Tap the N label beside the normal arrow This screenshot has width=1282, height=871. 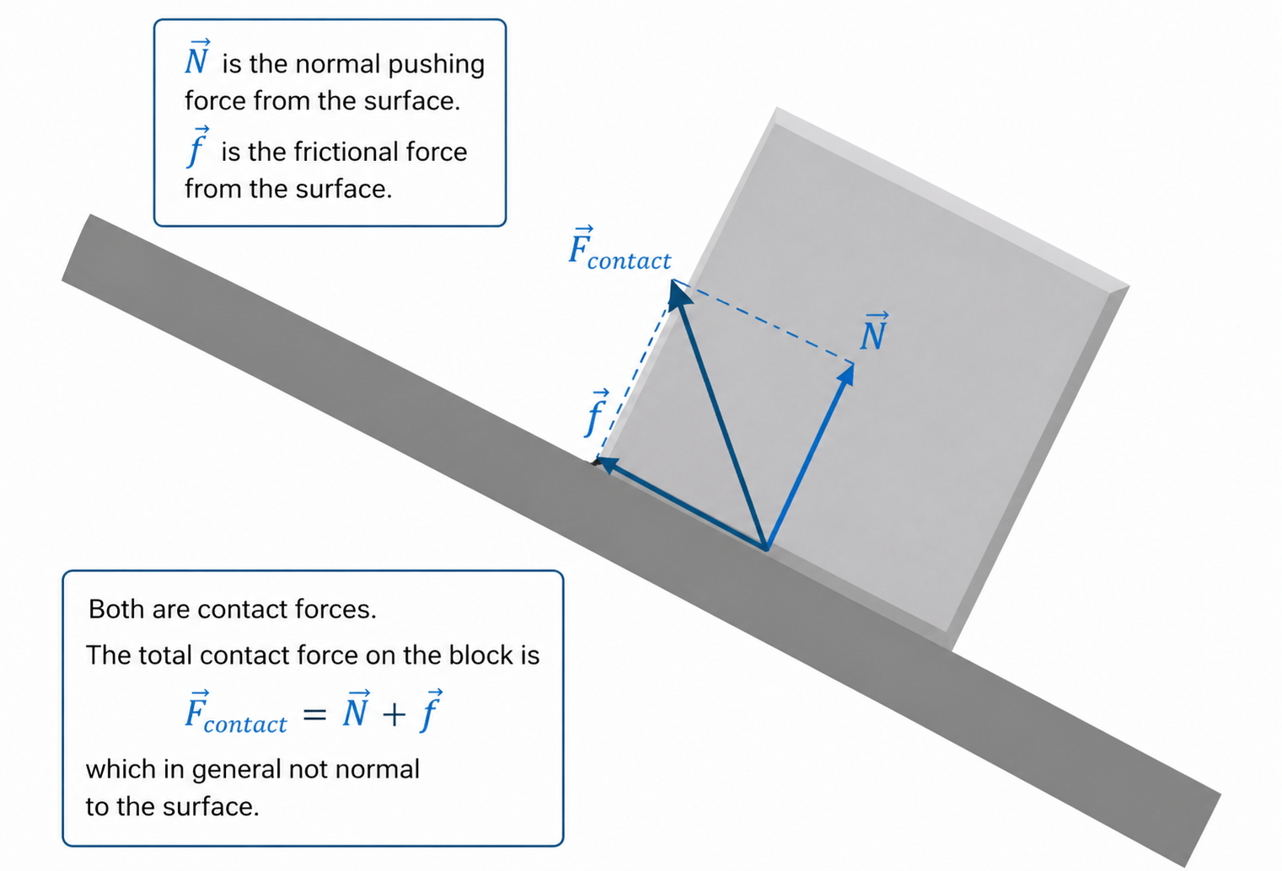click(874, 333)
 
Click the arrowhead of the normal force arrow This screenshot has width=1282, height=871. click(847, 373)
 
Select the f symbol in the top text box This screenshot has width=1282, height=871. click(196, 147)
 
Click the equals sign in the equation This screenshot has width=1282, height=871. click(314, 715)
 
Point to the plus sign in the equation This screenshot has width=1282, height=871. click(393, 715)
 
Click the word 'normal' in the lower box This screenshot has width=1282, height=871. click(376, 769)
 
